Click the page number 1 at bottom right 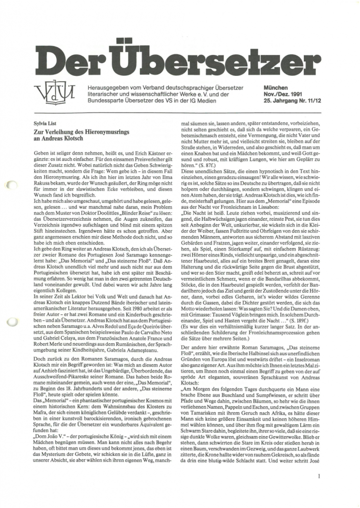tap(317, 479)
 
